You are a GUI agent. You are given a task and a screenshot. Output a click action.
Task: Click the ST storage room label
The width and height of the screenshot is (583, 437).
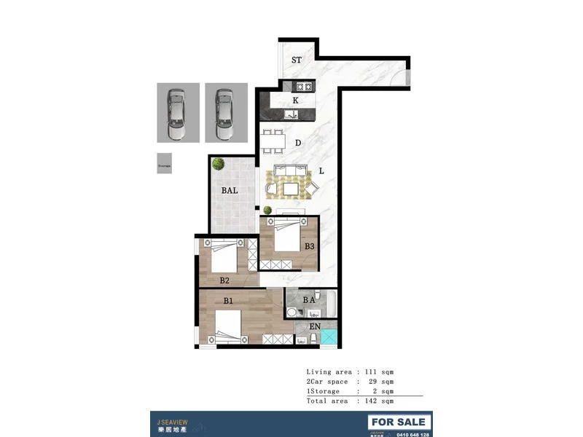coord(297,60)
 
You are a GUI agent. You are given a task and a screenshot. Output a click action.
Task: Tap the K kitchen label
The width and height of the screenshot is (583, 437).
coord(295,100)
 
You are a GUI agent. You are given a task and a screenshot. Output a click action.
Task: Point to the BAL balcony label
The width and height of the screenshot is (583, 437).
coord(230,191)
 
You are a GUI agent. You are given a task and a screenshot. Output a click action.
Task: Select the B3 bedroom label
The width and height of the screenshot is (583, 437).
coord(310,246)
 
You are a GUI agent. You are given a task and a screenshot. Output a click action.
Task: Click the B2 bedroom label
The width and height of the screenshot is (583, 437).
coord(224,280)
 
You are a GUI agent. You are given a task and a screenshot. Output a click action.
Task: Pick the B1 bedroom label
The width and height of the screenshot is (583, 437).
coord(228,300)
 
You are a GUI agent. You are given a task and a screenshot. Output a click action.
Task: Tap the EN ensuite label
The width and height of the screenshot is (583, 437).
coord(315,327)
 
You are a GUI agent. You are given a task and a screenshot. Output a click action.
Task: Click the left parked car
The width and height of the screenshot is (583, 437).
coord(177,114)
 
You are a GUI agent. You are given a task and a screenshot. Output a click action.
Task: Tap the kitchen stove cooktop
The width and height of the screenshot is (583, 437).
coord(305,87)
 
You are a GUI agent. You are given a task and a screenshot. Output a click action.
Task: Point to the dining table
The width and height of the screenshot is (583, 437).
coord(273,141)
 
